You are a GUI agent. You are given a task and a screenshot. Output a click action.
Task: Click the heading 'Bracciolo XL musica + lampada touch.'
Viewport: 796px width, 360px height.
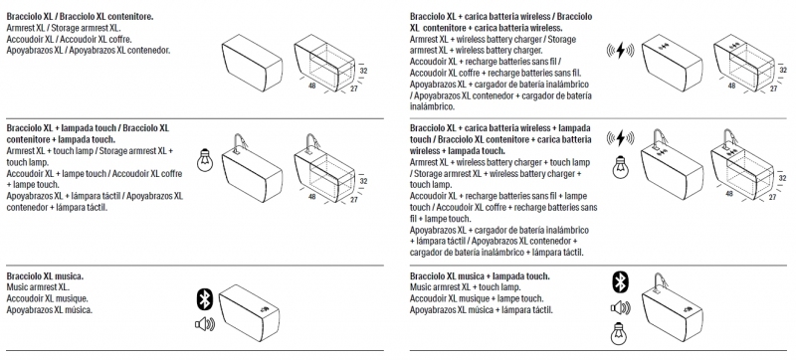[480, 276]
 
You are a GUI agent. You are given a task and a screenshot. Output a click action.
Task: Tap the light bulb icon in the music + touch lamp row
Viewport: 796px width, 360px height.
[618, 333]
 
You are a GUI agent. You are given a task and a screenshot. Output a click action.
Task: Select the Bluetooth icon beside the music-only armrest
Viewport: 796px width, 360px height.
[204, 299]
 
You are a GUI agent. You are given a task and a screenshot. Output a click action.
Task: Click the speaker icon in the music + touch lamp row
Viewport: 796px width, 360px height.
[620, 307]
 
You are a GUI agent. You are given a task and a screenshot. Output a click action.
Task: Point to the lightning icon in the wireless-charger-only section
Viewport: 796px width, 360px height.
[620, 50]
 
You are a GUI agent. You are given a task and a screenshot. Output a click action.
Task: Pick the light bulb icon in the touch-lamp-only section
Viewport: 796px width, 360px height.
[205, 162]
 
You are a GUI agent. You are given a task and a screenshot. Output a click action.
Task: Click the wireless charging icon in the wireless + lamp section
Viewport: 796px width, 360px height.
[620, 137]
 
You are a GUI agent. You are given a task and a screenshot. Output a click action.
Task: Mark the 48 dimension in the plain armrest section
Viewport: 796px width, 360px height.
[312, 86]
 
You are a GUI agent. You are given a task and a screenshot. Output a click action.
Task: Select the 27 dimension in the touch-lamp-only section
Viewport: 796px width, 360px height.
[354, 200]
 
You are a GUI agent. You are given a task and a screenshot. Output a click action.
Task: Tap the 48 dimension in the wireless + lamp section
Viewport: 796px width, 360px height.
[729, 194]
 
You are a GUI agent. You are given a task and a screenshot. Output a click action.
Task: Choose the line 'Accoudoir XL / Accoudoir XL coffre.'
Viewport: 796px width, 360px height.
[70, 39]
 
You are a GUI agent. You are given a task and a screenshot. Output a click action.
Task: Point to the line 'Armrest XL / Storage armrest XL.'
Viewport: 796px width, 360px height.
[64, 28]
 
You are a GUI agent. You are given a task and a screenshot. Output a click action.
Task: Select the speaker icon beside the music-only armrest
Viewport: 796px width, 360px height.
[205, 323]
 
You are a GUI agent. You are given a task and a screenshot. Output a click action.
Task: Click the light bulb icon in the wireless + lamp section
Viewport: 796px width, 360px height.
[620, 167]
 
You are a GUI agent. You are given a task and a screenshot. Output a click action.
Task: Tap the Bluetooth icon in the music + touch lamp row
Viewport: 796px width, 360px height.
[620, 281]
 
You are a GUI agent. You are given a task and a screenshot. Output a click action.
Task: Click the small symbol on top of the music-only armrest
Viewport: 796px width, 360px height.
[264, 309]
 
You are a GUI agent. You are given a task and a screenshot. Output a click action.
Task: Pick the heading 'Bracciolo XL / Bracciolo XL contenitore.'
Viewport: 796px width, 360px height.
[81, 17]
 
